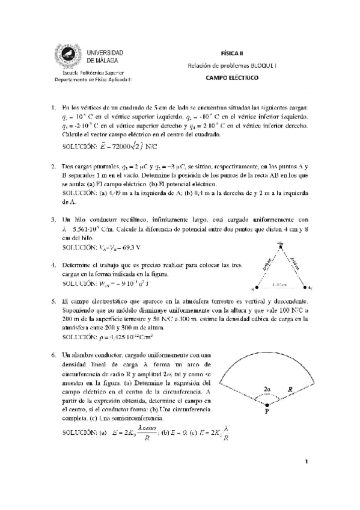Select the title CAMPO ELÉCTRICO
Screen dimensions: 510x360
click(231, 78)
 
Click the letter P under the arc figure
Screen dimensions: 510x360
click(267, 414)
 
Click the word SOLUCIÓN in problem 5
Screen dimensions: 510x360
click(80, 338)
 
